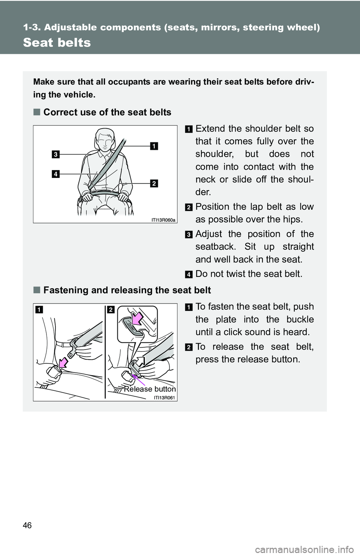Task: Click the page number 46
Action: (x=27, y=525)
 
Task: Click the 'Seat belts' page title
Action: (x=57, y=43)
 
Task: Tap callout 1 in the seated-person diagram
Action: (x=154, y=146)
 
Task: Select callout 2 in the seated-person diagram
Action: (x=154, y=183)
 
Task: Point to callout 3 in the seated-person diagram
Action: (x=55, y=154)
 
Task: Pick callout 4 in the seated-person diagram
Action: (x=55, y=174)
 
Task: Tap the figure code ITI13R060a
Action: (x=163, y=220)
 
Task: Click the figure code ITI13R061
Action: (x=164, y=398)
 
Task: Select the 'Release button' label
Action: (x=150, y=389)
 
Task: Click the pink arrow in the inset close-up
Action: (x=137, y=318)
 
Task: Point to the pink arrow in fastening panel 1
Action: (x=63, y=363)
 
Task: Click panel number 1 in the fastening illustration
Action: (x=39, y=309)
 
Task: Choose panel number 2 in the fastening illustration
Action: (x=111, y=309)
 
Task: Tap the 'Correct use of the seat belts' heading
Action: (x=107, y=112)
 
